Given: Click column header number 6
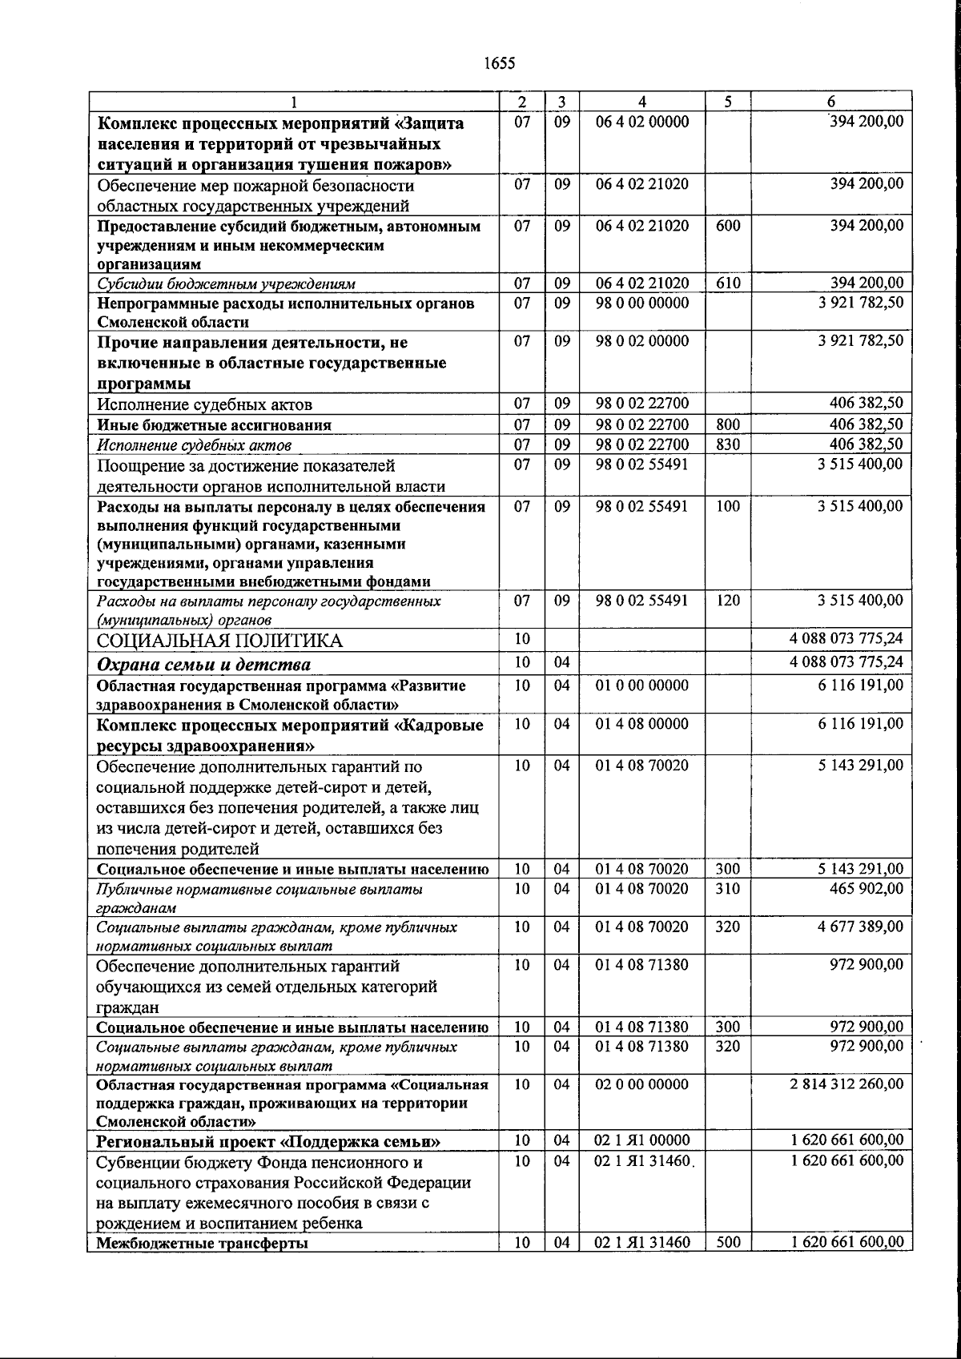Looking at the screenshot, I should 831,102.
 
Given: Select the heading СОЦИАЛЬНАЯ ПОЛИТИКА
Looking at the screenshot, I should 219,641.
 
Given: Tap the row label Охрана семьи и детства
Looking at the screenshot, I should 203,665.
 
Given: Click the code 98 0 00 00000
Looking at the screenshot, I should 642,304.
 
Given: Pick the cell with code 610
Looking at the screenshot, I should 728,283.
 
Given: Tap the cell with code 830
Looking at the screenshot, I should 728,444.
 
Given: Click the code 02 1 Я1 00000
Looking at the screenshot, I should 642,1140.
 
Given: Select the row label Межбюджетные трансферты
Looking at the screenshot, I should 202,1244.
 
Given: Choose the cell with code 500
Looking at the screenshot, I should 728,1243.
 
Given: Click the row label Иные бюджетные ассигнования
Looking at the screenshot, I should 214,425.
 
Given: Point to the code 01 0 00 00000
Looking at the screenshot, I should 642,686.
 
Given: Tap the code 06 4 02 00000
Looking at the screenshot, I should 642,123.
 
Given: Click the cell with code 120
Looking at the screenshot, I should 728,601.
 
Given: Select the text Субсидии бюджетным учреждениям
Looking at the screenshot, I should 227,283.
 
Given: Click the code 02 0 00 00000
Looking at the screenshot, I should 642,1084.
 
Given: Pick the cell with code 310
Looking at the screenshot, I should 728,888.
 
